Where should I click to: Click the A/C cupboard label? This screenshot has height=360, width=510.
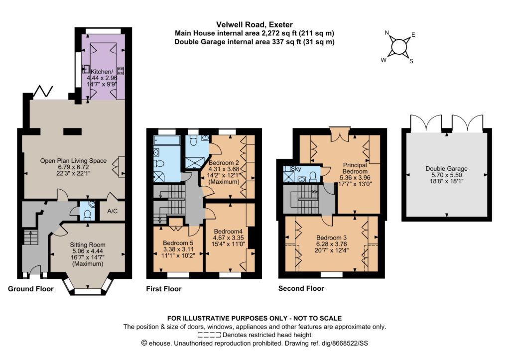coord(112,211)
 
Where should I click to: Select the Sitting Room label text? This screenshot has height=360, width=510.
coord(88,245)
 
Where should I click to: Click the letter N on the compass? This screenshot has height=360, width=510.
coord(386,32)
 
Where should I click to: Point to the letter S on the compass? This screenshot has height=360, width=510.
coord(411,61)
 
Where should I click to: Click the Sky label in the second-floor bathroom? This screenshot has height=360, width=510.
coord(296,169)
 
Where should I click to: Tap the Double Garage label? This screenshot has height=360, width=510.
coord(446,168)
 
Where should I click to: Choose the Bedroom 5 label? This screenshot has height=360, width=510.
coord(178,243)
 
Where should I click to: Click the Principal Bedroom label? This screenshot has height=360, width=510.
coord(355,168)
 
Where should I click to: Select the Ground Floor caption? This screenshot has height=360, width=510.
coord(30,289)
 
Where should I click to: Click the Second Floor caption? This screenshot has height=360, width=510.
coord(301,288)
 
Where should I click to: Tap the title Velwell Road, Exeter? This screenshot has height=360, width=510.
coord(255,24)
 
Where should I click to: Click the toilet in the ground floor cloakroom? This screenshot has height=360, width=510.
coord(87,214)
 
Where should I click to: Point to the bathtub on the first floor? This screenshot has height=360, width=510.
coord(167,140)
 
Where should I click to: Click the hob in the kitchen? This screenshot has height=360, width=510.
coord(121,71)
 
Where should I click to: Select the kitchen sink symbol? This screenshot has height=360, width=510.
coord(86,69)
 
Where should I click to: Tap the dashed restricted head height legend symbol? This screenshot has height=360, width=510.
coord(210,335)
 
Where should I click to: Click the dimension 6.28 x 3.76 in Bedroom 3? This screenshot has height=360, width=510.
coord(331,244)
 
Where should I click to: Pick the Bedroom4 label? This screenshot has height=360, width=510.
coord(228,232)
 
